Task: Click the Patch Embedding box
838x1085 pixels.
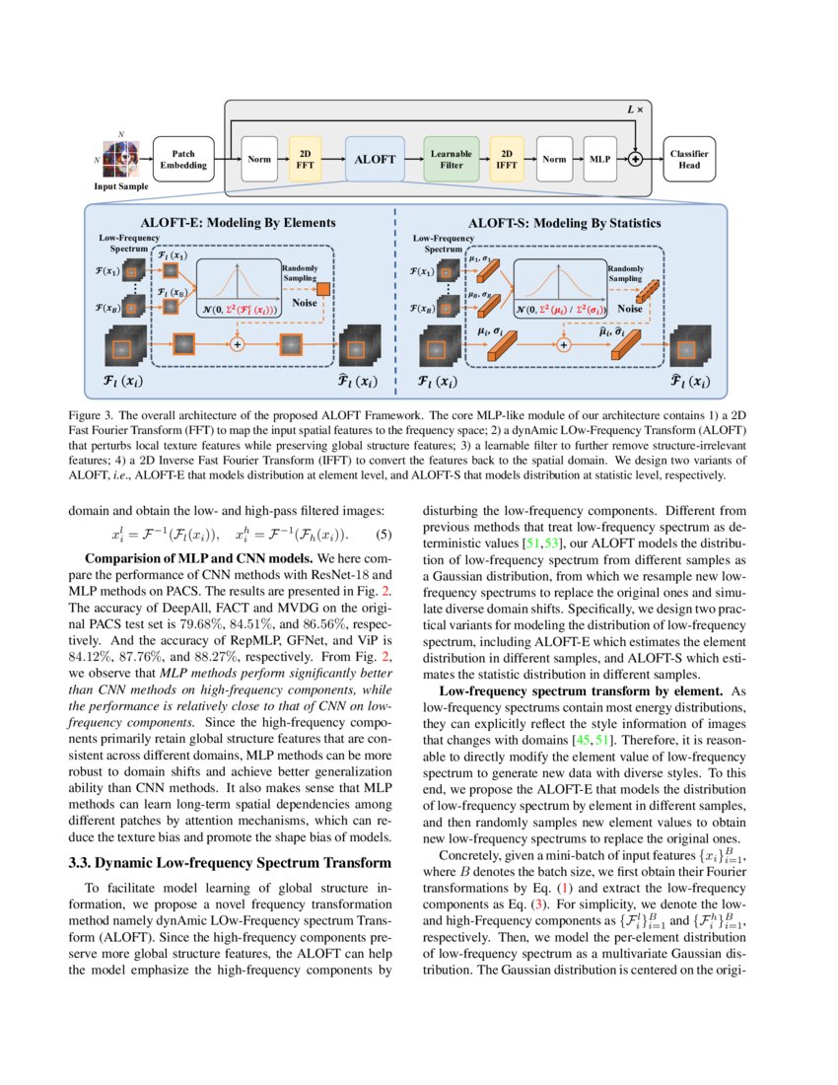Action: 183,159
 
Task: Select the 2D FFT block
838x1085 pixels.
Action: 304,159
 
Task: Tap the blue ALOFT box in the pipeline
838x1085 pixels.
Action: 375,159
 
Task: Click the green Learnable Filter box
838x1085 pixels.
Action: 451,159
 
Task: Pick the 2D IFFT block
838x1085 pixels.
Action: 507,159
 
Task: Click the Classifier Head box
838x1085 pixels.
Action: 689,159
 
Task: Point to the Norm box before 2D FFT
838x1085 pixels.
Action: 260,159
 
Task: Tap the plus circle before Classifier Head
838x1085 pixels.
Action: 636,159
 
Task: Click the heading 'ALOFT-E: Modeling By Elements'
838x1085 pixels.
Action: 239,223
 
